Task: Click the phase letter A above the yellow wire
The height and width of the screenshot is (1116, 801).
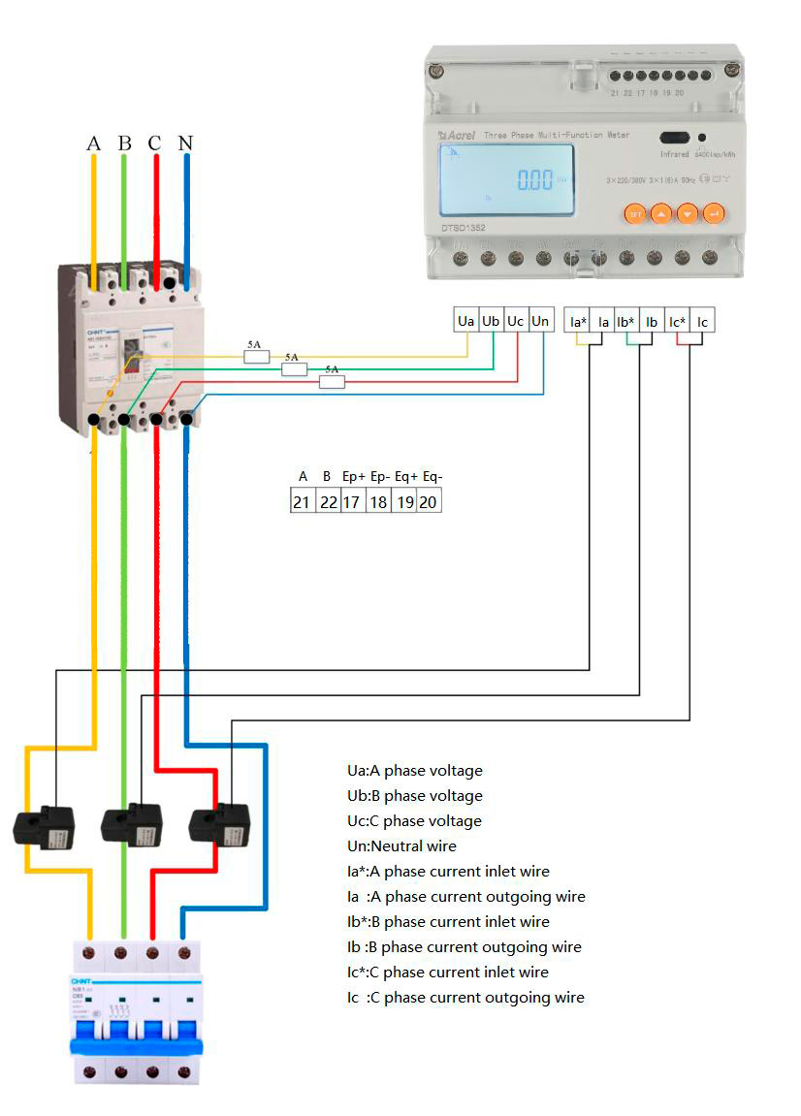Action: pyautogui.click(x=93, y=143)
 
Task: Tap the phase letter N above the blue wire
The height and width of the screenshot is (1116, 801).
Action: pyautogui.click(x=185, y=143)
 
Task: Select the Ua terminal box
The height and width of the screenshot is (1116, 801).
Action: pyautogui.click(x=466, y=321)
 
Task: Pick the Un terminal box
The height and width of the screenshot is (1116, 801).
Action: pyautogui.click(x=541, y=321)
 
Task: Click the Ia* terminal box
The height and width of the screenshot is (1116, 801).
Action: pyautogui.click(x=578, y=321)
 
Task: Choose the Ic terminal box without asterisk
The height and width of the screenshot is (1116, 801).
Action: pyautogui.click(x=702, y=321)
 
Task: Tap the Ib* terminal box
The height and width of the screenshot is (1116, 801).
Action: pyautogui.click(x=626, y=321)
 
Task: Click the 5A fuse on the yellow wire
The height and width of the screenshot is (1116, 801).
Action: pyautogui.click(x=256, y=357)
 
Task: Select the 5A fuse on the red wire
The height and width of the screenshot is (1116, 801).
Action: pyautogui.click(x=332, y=382)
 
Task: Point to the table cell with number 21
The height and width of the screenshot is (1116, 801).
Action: pyautogui.click(x=303, y=501)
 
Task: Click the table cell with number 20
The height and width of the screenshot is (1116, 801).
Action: pyautogui.click(x=428, y=501)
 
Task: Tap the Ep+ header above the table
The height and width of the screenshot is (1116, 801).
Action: pyautogui.click(x=354, y=477)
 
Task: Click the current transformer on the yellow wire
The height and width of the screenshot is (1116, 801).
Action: pyautogui.click(x=44, y=827)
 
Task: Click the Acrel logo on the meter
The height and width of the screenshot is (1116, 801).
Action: pyautogui.click(x=456, y=136)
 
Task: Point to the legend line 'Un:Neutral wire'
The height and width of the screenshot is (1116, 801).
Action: pyautogui.click(x=401, y=846)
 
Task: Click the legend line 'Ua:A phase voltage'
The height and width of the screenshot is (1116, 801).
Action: pyautogui.click(x=414, y=771)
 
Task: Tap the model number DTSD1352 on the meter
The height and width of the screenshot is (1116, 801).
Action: pyautogui.click(x=463, y=228)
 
